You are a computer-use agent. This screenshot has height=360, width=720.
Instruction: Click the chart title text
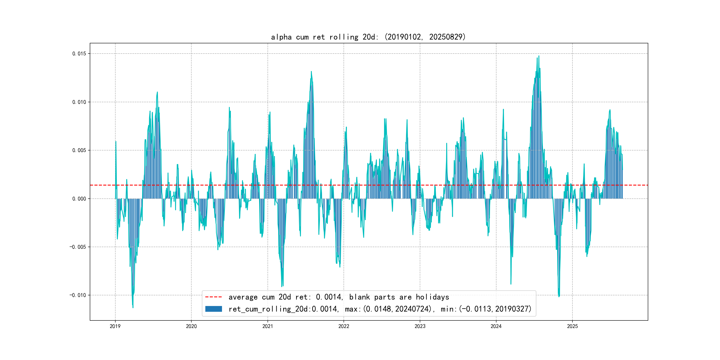tap(368, 37)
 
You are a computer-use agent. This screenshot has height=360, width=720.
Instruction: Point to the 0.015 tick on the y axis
tap(79, 54)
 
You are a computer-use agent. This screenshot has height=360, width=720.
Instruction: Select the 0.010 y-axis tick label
tap(79, 102)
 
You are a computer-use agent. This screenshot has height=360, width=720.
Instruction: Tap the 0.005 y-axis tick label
tap(79, 150)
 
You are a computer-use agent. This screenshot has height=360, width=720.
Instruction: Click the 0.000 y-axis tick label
tap(79, 199)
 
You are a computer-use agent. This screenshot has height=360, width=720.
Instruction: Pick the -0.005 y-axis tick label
tap(78, 247)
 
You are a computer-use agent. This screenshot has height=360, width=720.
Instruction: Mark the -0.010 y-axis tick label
tap(78, 295)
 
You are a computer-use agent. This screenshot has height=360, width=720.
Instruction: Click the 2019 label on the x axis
tap(115, 326)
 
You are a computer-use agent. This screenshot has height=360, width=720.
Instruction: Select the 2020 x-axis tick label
tap(192, 326)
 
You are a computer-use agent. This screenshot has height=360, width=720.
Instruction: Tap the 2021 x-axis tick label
tap(268, 326)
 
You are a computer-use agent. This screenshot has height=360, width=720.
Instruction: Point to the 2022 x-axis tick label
tap(344, 326)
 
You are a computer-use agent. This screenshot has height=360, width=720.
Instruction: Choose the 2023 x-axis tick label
tap(420, 326)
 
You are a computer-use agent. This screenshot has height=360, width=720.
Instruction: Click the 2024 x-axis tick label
tap(496, 326)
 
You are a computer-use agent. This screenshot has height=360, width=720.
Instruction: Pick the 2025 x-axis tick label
tap(572, 326)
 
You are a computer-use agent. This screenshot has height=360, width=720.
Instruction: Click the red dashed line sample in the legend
tap(214, 297)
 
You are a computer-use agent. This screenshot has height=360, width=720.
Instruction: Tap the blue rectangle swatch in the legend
tap(214, 309)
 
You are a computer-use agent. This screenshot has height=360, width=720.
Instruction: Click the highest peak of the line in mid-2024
tap(539, 56)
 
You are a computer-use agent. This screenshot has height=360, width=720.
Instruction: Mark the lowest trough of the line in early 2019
tap(133, 308)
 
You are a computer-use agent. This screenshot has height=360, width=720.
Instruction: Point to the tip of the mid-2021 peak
tap(311, 72)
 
